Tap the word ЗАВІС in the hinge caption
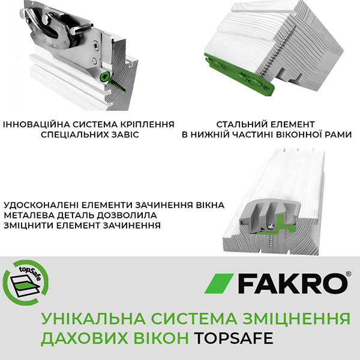coord(124,135)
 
